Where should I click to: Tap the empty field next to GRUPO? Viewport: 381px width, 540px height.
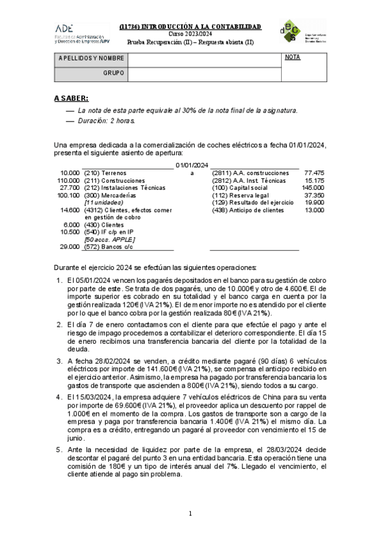tap(204, 75)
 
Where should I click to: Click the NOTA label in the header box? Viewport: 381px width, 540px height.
tap(293, 58)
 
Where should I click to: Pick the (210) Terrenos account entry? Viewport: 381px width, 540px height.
tap(106, 173)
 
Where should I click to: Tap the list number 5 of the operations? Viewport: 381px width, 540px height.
tap(59, 449)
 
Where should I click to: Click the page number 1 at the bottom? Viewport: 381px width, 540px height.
tap(190, 513)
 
